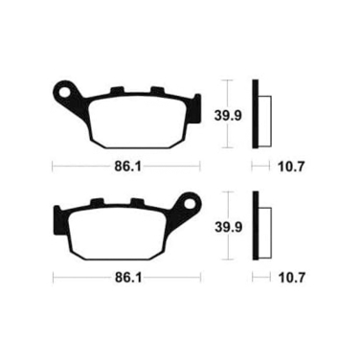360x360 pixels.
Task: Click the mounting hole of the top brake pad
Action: pyautogui.click(x=65, y=91)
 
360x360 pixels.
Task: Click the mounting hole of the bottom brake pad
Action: pyautogui.click(x=191, y=202)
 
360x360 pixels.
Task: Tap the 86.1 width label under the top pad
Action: pyautogui.click(x=127, y=167)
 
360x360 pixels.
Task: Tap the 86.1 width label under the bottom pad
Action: pyautogui.click(x=128, y=278)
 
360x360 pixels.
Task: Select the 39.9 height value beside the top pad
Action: pyautogui.click(x=228, y=116)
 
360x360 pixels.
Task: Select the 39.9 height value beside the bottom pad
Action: pyautogui.click(x=228, y=227)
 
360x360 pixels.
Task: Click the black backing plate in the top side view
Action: pyautogui.click(x=255, y=114)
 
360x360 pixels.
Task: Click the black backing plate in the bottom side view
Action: pyautogui.click(x=256, y=225)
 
